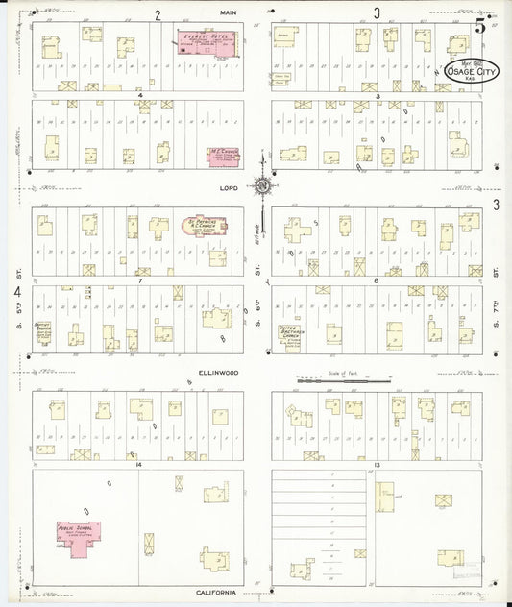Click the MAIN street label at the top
coord(228,12)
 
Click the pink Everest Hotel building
coord(207,42)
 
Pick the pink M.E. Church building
coord(225,157)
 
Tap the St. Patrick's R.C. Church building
coord(205,228)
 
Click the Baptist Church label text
coord(42,327)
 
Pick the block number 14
coord(139,464)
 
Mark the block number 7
coord(139,281)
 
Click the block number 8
coord(375,281)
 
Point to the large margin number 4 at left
coord(16,289)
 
